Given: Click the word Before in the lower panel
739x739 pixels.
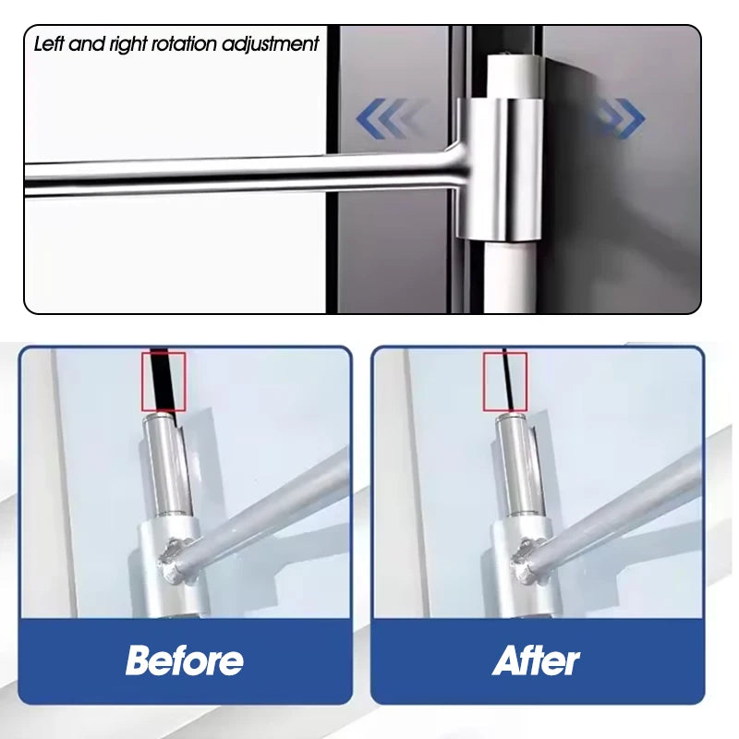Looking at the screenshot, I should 185,660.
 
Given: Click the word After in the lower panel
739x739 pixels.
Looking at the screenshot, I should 536,660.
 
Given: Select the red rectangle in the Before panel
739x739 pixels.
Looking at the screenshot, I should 164,381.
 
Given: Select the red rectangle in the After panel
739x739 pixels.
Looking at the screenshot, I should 504,381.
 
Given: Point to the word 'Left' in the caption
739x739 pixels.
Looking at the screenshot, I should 52,43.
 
